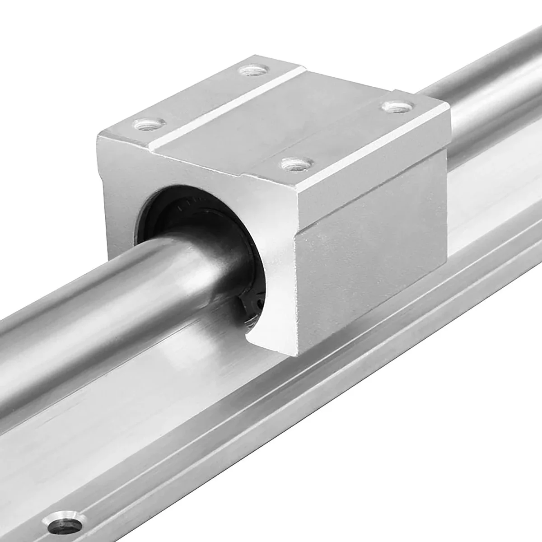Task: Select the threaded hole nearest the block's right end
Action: (x=397, y=107)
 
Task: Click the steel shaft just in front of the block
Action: (x=135, y=289)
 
